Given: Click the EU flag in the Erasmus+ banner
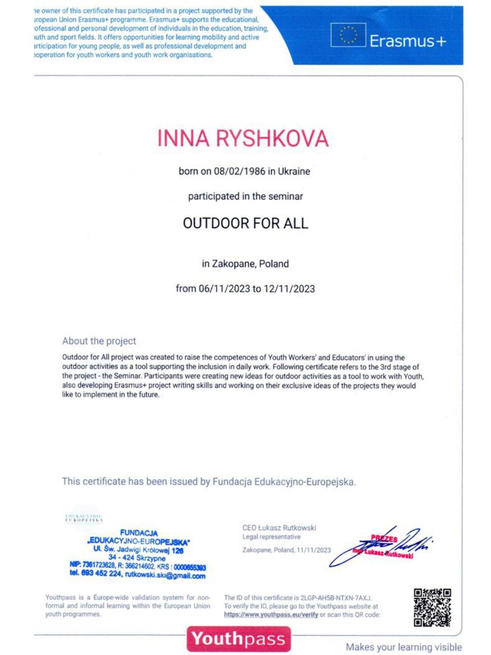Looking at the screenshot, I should coord(347,35).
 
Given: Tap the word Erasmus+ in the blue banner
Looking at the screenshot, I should coord(408,41).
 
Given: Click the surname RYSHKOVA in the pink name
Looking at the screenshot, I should coord(271,138).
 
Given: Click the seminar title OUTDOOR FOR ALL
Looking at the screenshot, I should coord(245,223).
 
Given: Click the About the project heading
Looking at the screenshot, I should coord(99,341).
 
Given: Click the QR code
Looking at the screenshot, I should coord(432,607).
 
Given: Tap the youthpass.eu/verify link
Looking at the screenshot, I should coord(271,615).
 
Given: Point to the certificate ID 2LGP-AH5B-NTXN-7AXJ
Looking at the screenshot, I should coord(336,598).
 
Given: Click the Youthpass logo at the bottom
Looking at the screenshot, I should coord(238,639).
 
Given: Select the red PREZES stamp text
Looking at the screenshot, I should coord(384,539).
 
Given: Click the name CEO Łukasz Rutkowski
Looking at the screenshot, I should coord(279,528).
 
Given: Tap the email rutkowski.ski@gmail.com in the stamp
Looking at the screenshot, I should coord(165,575).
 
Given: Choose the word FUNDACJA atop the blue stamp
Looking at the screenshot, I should coord(139,533).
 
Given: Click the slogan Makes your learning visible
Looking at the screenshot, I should coord(404,647).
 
